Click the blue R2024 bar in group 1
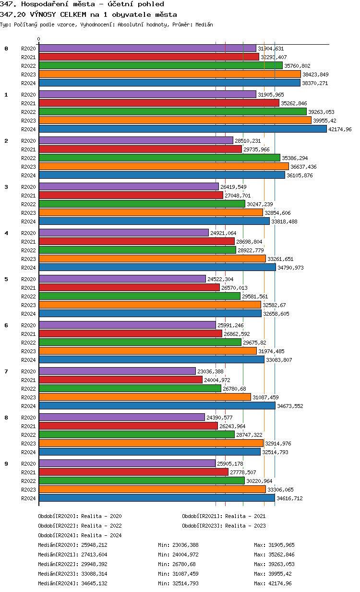point(182,129)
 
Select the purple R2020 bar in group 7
point(117,371)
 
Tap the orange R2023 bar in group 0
point(169,74)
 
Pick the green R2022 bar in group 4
point(137,250)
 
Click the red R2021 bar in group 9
point(133,472)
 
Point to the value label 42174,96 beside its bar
point(340,129)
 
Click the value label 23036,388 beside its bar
point(211,371)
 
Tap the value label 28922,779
point(251,250)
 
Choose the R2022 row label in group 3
point(28,204)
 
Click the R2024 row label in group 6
point(28,360)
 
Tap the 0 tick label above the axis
point(39,39)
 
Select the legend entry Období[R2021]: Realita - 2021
point(224,516)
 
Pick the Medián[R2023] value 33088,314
point(94,574)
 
